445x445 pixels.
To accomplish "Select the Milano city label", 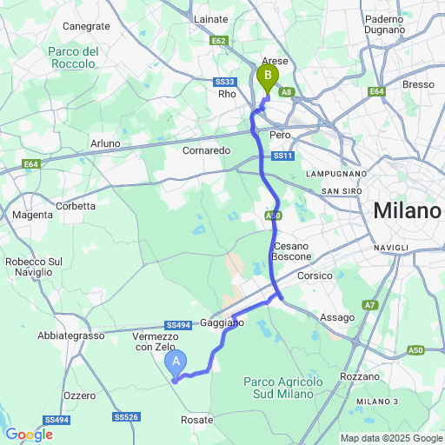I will [x=406, y=211].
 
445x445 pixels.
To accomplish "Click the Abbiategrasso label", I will [x=70, y=335].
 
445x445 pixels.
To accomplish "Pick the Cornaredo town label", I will [x=206, y=149].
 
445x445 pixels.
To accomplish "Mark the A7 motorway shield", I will [x=370, y=304].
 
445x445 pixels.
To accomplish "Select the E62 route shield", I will [x=217, y=40].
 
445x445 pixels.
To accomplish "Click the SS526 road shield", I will [x=126, y=417].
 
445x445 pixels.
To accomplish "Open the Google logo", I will [x=29, y=434].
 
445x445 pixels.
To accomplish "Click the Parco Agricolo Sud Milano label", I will [x=283, y=389].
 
